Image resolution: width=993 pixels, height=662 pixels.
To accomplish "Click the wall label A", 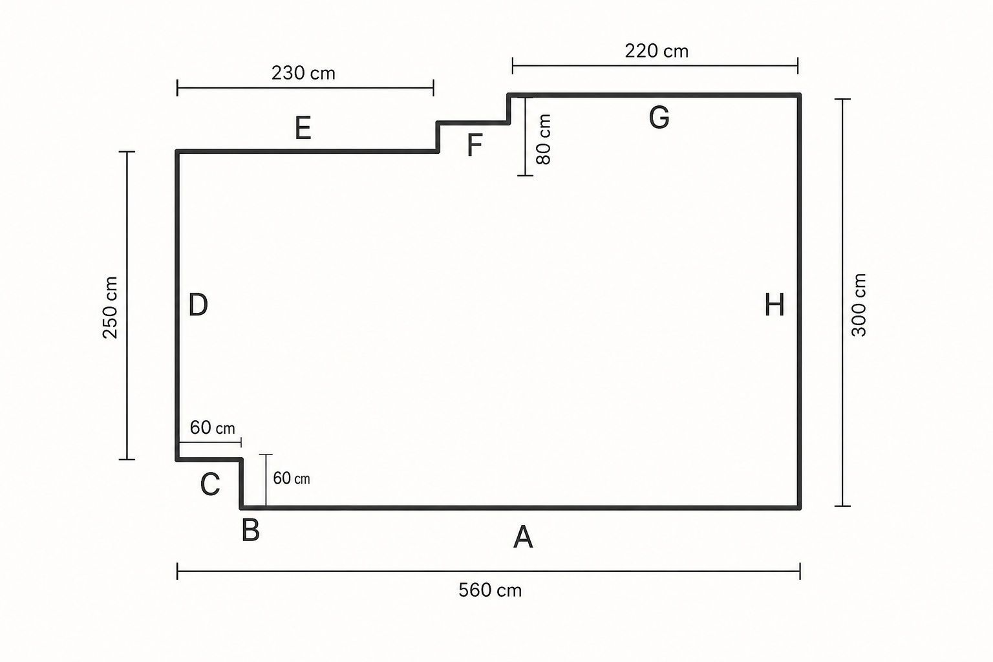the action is click(523, 537).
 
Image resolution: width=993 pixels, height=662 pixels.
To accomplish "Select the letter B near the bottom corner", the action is click(250, 530).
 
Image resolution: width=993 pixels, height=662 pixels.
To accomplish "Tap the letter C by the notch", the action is click(210, 484).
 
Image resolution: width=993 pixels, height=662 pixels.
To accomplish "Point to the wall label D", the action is click(198, 304).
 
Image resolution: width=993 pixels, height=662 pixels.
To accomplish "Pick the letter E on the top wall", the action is click(303, 128).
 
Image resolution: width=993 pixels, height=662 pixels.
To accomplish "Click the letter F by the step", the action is click(475, 145).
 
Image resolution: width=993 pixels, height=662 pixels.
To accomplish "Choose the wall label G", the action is click(659, 118).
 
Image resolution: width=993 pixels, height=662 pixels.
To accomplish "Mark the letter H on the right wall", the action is click(774, 304).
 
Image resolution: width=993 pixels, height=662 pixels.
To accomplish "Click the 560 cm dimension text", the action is click(490, 591).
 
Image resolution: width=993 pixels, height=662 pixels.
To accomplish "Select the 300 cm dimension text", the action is click(859, 305).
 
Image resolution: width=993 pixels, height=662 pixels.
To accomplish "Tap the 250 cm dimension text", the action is click(110, 308).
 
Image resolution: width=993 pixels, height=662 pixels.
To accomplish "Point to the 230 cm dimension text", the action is click(303, 73).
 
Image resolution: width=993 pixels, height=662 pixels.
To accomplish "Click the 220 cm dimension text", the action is click(657, 52).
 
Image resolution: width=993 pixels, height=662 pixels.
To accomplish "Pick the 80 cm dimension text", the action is click(543, 139).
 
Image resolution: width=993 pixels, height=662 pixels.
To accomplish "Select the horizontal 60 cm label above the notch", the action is click(212, 428).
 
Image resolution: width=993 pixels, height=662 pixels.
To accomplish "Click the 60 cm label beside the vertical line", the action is click(292, 478).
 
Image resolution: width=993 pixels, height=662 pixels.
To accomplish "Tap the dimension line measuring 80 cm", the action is click(526, 136).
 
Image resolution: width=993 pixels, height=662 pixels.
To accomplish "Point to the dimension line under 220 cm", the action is click(655, 66).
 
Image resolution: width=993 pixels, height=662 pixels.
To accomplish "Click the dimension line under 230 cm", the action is click(305, 88).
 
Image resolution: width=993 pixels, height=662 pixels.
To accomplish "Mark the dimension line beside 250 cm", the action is click(127, 306).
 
